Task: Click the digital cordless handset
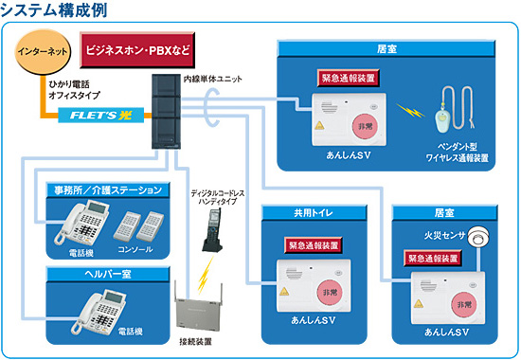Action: tap(214, 232)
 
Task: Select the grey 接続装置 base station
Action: tap(203, 309)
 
